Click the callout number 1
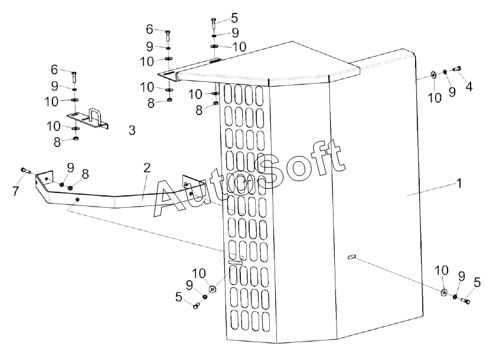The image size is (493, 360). pos(458,183)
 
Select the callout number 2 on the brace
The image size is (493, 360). pos(147,168)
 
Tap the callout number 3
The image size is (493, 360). pos(132,130)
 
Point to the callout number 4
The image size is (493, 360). pos(469,87)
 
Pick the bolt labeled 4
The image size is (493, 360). pos(456,70)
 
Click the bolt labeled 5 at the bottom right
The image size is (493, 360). pos(465,301)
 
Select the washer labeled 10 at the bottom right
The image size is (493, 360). pos(443,292)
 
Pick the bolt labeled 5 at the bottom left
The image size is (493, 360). pos(196,305)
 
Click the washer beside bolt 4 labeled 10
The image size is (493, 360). pos(433,74)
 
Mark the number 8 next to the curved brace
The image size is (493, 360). pos(85,174)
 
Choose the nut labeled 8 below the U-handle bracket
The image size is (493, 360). pos(76,139)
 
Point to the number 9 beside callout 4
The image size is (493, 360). pos(452,91)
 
